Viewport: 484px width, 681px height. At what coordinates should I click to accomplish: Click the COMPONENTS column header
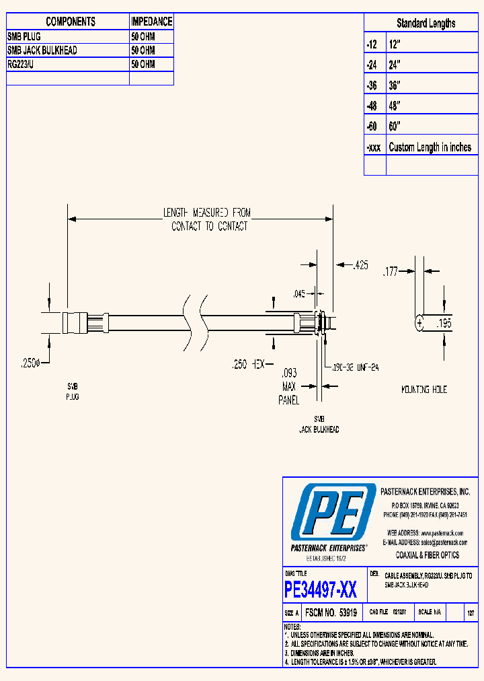point(71,22)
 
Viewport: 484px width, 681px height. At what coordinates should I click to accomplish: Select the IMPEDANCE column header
point(151,22)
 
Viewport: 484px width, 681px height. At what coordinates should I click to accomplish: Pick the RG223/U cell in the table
point(25,65)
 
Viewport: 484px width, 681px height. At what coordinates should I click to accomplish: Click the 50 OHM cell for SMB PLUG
point(143,36)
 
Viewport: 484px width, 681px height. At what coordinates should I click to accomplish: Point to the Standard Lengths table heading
point(426,24)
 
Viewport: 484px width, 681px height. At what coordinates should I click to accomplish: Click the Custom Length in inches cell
point(430,147)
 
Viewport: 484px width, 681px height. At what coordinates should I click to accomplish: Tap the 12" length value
point(395,44)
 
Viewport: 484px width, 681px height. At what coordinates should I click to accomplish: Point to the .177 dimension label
point(391,272)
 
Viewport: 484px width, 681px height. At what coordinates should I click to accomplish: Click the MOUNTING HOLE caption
point(424,390)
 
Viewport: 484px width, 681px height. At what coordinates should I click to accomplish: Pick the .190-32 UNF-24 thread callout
point(354,367)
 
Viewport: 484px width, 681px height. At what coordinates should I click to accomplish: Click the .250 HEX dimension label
point(249,364)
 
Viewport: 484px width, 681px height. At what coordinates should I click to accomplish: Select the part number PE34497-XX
point(321,591)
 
